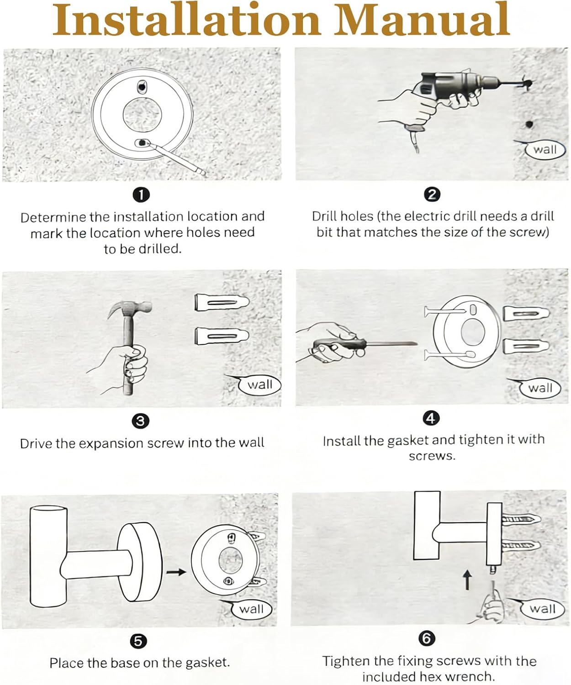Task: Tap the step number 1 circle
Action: coord(141,195)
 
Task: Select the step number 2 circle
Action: coord(432,195)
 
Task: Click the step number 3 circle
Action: coord(140,421)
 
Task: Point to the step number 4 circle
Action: coord(431,418)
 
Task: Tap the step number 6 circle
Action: coord(427,638)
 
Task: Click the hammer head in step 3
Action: coord(132,308)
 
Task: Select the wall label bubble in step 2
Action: coord(545,149)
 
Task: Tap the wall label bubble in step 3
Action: coord(259,385)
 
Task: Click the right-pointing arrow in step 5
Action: coord(176,572)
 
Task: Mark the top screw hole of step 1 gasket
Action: coord(142,87)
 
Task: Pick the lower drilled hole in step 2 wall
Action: coord(529,124)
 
